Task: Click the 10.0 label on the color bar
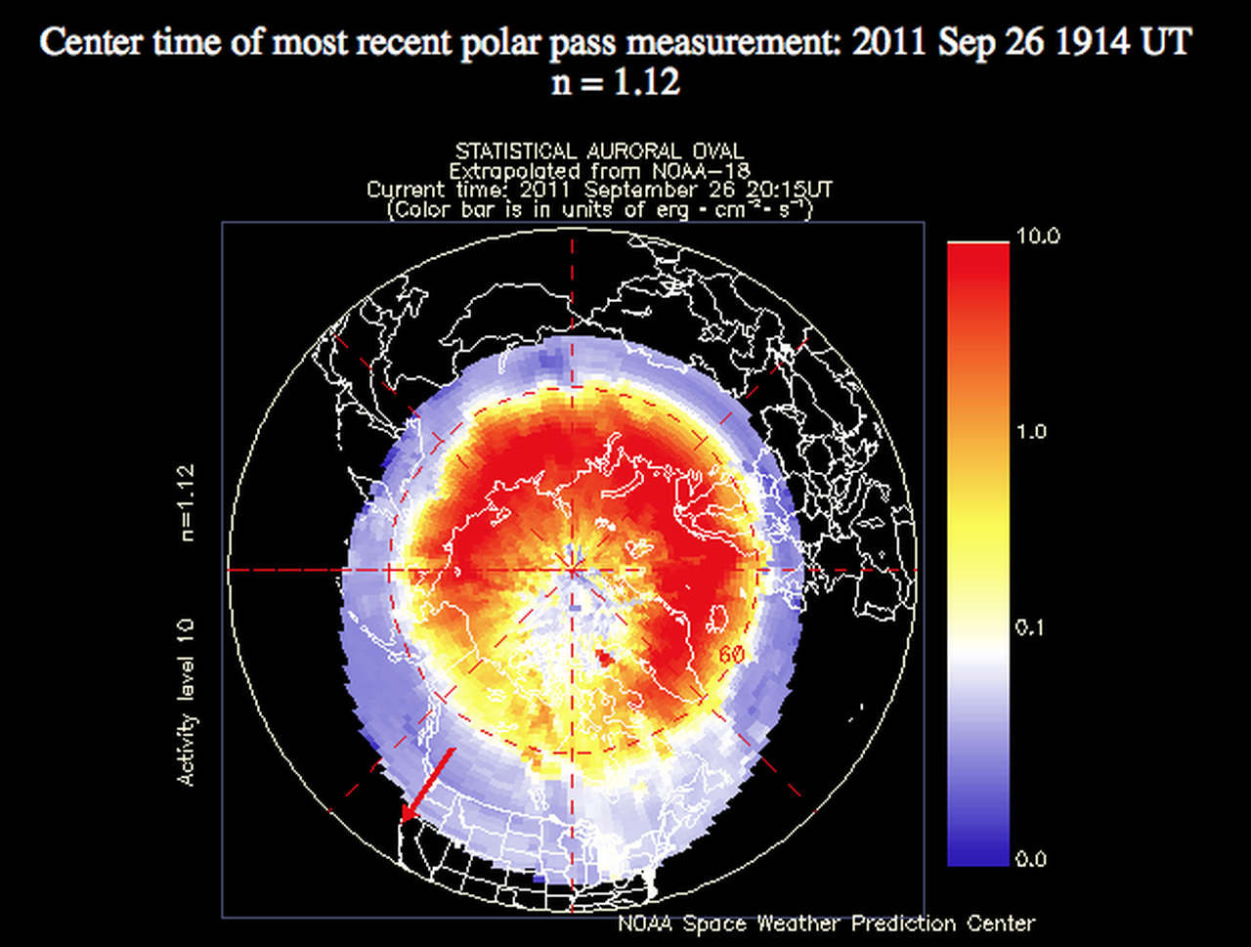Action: click(1038, 236)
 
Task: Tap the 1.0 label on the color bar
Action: click(1031, 432)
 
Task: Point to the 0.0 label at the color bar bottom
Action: click(1031, 859)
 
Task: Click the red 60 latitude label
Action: click(731, 655)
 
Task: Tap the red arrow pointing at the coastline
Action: click(428, 785)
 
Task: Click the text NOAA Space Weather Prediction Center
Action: click(827, 924)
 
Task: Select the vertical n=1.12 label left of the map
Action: click(187, 502)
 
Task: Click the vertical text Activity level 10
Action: click(187, 703)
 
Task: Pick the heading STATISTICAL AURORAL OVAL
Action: click(599, 151)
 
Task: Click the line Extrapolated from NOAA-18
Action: click(599, 171)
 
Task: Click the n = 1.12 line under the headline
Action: click(616, 81)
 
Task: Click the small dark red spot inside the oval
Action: click(604, 658)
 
